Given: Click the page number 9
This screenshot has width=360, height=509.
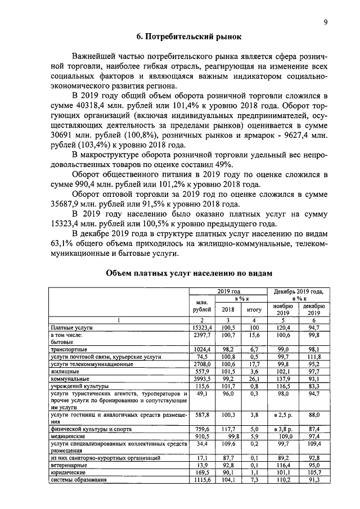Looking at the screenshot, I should point(326,22).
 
